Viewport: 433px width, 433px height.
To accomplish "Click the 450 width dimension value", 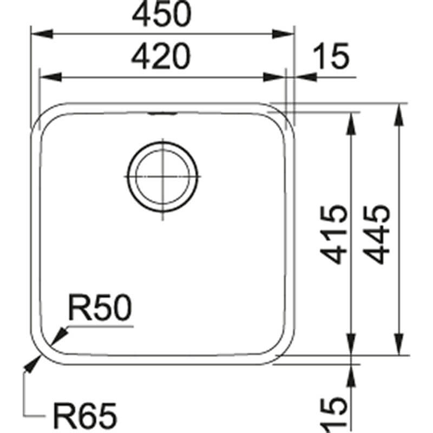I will [162, 15].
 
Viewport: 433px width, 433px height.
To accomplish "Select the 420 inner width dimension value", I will [162, 56].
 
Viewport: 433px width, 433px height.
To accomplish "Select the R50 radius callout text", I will [100, 309].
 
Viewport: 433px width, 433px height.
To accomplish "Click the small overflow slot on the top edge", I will [162, 114].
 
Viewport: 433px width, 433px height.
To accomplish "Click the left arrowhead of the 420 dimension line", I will [48, 77].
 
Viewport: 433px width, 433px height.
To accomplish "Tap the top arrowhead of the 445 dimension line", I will [400, 111].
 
